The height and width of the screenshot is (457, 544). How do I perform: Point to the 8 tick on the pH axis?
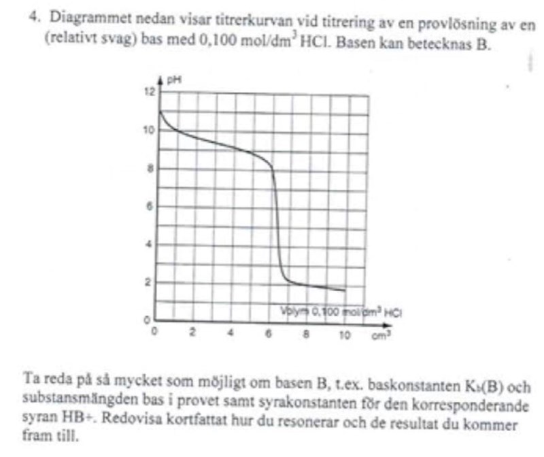(152, 168)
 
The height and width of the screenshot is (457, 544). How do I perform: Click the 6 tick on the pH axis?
(152, 206)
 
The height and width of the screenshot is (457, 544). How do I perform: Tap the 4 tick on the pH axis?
(152, 244)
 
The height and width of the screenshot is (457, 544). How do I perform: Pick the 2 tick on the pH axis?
(152, 282)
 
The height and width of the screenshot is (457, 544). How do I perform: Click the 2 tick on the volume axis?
(192, 333)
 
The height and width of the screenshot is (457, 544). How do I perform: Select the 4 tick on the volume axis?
(231, 333)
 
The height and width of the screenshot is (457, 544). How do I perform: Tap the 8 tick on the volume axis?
(307, 333)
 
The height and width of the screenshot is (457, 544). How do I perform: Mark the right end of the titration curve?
(345, 290)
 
